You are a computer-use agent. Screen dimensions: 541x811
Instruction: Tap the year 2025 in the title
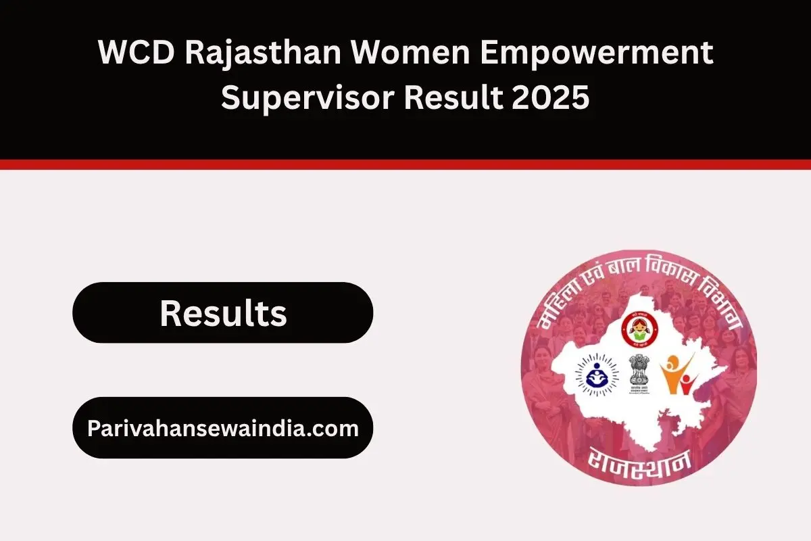pos(550,99)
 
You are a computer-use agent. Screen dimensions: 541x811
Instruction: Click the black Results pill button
pos(222,313)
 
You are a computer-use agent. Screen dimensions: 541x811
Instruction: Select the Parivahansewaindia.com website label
pos(222,428)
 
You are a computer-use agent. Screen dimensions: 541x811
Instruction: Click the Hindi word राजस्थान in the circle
pos(639,459)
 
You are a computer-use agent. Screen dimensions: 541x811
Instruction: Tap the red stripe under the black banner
pos(405,164)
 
